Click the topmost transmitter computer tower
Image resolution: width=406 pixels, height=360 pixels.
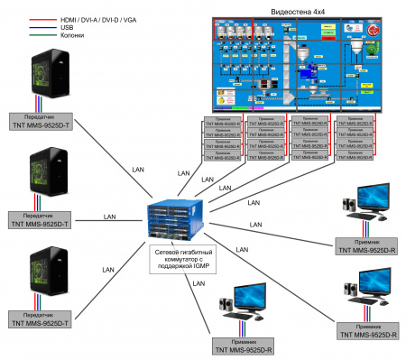click(x=39, y=78)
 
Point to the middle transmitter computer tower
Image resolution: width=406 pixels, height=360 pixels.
click(x=39, y=178)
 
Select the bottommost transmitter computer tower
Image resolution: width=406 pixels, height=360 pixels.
click(x=39, y=276)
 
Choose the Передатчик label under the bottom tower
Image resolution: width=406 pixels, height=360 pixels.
click(x=39, y=319)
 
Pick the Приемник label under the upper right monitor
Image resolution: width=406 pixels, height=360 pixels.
click(x=366, y=245)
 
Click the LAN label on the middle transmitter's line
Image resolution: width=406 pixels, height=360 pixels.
click(x=109, y=217)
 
